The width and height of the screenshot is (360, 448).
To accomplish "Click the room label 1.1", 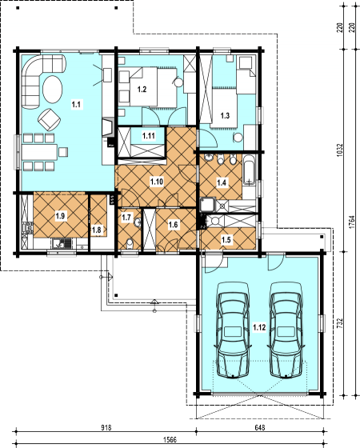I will click(77, 104).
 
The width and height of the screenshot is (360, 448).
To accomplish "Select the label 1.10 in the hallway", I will click(157, 182).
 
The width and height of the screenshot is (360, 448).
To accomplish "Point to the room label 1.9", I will click(60, 215).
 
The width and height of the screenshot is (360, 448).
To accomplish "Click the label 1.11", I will click(149, 136).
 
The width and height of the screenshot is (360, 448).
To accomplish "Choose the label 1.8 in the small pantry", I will click(98, 230).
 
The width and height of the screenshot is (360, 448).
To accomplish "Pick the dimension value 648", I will click(260, 428).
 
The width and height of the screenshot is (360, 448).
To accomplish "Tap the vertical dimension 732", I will click(340, 322).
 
